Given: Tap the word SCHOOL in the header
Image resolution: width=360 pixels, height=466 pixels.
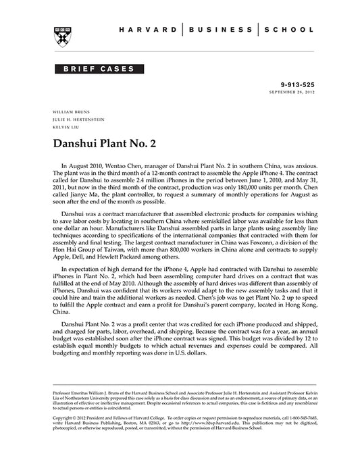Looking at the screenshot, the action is click(x=288, y=30).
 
